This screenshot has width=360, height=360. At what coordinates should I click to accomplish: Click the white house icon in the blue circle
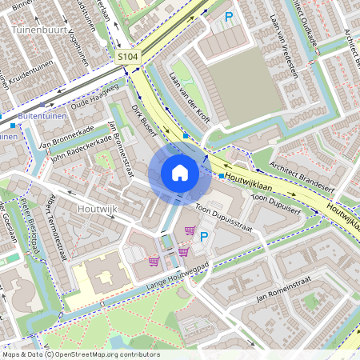tap(180, 172)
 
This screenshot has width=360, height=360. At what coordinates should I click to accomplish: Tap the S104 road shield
tap(127, 58)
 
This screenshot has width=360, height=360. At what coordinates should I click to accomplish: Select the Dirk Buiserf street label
tap(143, 118)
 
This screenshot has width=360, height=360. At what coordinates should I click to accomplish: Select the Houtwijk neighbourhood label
tap(98, 208)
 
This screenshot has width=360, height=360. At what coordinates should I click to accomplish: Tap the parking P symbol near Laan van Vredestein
tap(229, 17)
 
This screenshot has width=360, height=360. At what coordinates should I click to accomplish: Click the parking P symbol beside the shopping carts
tap(203, 236)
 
